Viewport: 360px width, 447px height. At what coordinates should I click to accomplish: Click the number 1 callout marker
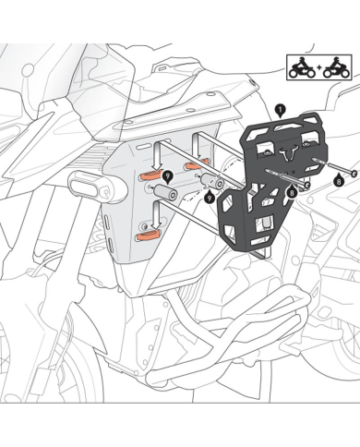pyautogui.click(x=279, y=109)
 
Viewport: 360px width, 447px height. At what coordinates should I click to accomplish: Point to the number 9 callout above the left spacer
pyautogui.click(x=167, y=175)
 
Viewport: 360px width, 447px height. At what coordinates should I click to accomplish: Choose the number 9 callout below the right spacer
pyautogui.click(x=210, y=197)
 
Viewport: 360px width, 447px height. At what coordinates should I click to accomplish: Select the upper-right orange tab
pyautogui.click(x=193, y=164)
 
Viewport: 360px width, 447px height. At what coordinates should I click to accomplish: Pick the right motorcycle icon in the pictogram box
pyautogui.click(x=330, y=67)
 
